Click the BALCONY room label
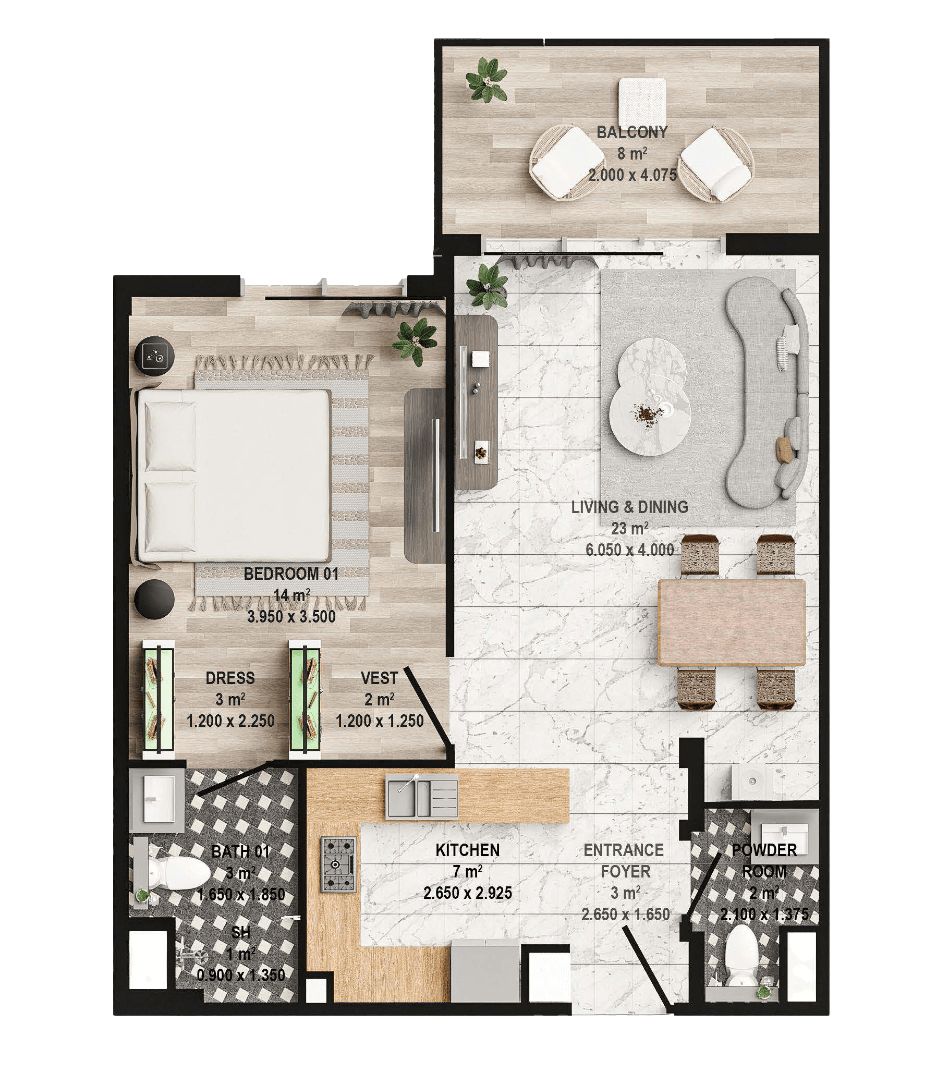coord(631,132)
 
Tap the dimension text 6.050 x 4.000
coord(629,550)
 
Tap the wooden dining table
coord(732,623)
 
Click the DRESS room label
coord(230,678)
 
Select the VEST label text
coord(379,678)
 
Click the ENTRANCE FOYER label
coord(625,860)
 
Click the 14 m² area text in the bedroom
coord(291,595)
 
